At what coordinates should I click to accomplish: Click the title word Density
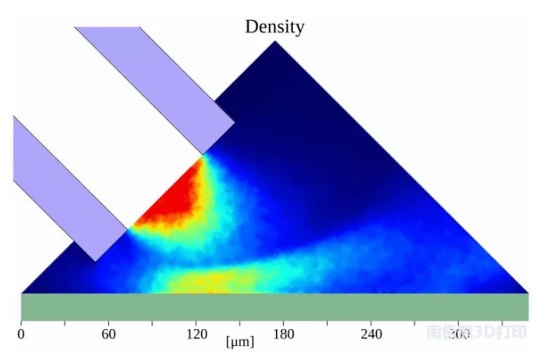click(274, 26)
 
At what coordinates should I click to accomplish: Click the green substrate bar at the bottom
click(274, 307)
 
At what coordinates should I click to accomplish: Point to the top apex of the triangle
click(275, 41)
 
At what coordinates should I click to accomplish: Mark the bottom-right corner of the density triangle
click(527, 293)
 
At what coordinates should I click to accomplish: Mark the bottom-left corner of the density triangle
click(22, 293)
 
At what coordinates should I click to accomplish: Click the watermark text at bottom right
click(477, 332)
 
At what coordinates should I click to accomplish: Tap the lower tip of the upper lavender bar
click(203, 154)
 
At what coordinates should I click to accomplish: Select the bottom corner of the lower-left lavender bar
click(95, 260)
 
